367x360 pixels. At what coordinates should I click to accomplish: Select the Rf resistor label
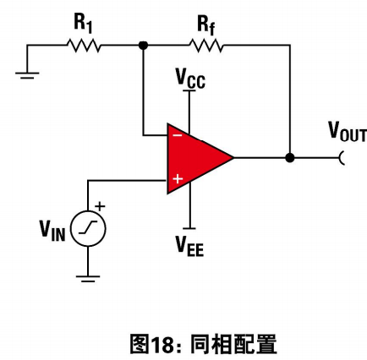206,25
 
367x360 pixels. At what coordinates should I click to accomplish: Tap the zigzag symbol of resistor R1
84,46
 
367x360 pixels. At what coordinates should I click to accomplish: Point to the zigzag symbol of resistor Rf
206,46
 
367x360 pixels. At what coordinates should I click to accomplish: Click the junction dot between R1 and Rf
144,45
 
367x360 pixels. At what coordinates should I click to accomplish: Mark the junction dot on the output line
290,158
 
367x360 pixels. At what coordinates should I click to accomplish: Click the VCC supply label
190,79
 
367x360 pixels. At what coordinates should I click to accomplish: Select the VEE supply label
189,246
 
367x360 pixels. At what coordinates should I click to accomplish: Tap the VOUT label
348,132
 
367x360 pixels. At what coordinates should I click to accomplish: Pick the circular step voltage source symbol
88,228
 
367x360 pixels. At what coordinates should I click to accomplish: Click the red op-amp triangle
197,158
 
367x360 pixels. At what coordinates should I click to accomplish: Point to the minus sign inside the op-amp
178,135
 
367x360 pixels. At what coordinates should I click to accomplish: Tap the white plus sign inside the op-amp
178,178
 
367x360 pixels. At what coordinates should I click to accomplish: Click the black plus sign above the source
100,206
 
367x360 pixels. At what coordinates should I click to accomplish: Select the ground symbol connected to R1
27,75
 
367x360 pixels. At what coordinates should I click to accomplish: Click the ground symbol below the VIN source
88,279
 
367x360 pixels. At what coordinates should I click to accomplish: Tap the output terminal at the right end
342,158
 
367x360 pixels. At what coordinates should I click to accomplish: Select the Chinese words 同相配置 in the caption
233,344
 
